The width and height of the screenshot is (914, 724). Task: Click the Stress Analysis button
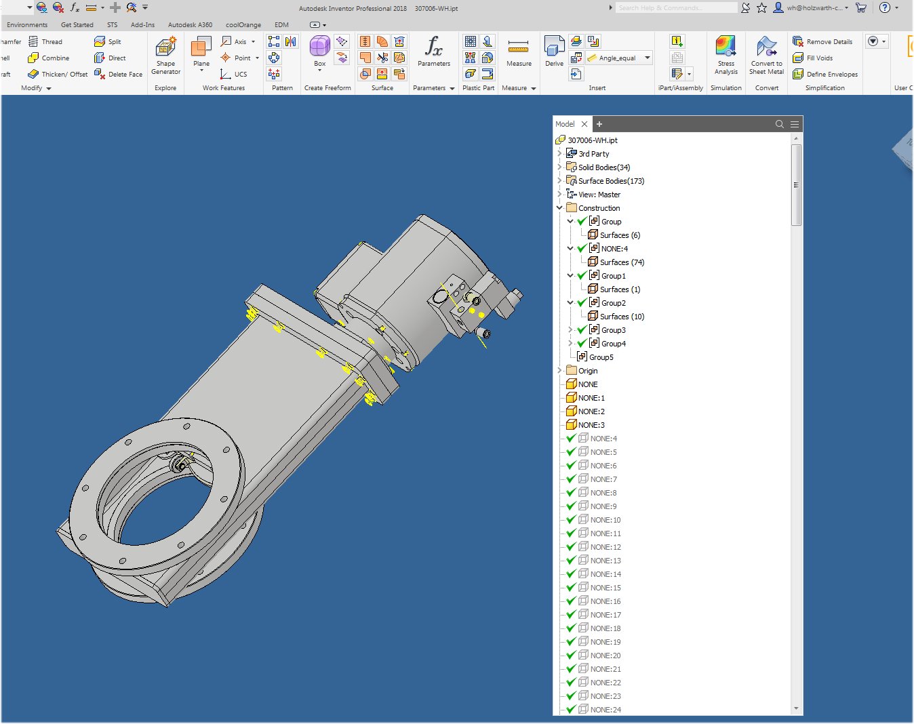pyautogui.click(x=726, y=55)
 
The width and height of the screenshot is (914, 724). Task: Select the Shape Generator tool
pyautogui.click(x=165, y=55)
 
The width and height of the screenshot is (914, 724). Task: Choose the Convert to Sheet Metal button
pyautogui.click(x=766, y=55)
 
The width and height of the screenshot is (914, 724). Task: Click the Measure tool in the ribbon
pyautogui.click(x=519, y=52)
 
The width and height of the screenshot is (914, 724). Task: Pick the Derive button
pyautogui.click(x=554, y=52)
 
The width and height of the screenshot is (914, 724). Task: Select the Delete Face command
pyautogui.click(x=119, y=75)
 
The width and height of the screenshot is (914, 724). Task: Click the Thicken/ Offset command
pyautogui.click(x=58, y=75)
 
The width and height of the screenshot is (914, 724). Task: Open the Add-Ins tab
pyautogui.click(x=142, y=25)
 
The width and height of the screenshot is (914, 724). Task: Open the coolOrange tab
pyautogui.click(x=243, y=25)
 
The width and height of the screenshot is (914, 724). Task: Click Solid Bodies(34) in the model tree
pyautogui.click(x=603, y=167)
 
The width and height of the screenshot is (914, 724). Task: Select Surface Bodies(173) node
pyautogui.click(x=611, y=181)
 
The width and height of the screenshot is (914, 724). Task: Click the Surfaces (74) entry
pyautogui.click(x=622, y=262)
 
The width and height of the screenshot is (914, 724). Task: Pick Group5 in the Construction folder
pyautogui.click(x=601, y=357)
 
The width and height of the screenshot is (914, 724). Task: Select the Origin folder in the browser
pyautogui.click(x=588, y=371)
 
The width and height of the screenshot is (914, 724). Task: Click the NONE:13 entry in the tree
pyautogui.click(x=605, y=561)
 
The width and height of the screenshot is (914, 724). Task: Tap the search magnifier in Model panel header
pyautogui.click(x=780, y=124)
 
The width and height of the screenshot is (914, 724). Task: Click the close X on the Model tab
pyautogui.click(x=584, y=124)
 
